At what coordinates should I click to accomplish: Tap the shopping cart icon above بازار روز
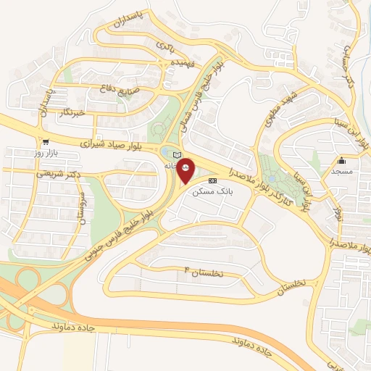46,142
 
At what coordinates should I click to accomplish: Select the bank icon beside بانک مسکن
212,180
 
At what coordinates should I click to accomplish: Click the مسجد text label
341,172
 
